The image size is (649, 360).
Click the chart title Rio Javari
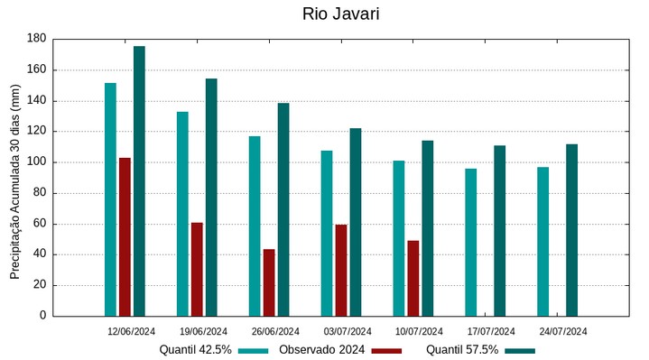click(324, 14)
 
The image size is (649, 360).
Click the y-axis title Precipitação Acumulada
click(14, 177)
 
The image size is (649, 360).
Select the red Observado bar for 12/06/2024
click(125, 236)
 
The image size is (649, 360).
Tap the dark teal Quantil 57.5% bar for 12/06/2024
click(139, 180)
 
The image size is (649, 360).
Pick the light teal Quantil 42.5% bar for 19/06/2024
click(182, 213)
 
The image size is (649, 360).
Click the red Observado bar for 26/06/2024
click(269, 282)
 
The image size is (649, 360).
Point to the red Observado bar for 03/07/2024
click(341, 270)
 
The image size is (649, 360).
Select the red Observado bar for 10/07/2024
click(413, 278)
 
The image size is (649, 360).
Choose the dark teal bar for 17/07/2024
click(499, 230)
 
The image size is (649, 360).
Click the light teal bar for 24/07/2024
click(542, 241)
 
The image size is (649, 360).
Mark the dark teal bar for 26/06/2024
click(283, 209)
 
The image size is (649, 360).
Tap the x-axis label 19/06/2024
click(203, 331)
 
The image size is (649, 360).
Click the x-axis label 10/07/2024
click(419, 331)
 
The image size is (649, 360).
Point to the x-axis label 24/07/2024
click(563, 331)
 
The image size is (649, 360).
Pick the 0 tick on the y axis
click(42, 316)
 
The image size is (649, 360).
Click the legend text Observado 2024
click(321, 350)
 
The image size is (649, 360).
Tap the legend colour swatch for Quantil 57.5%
click(519, 350)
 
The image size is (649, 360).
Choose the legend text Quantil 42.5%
click(196, 350)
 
